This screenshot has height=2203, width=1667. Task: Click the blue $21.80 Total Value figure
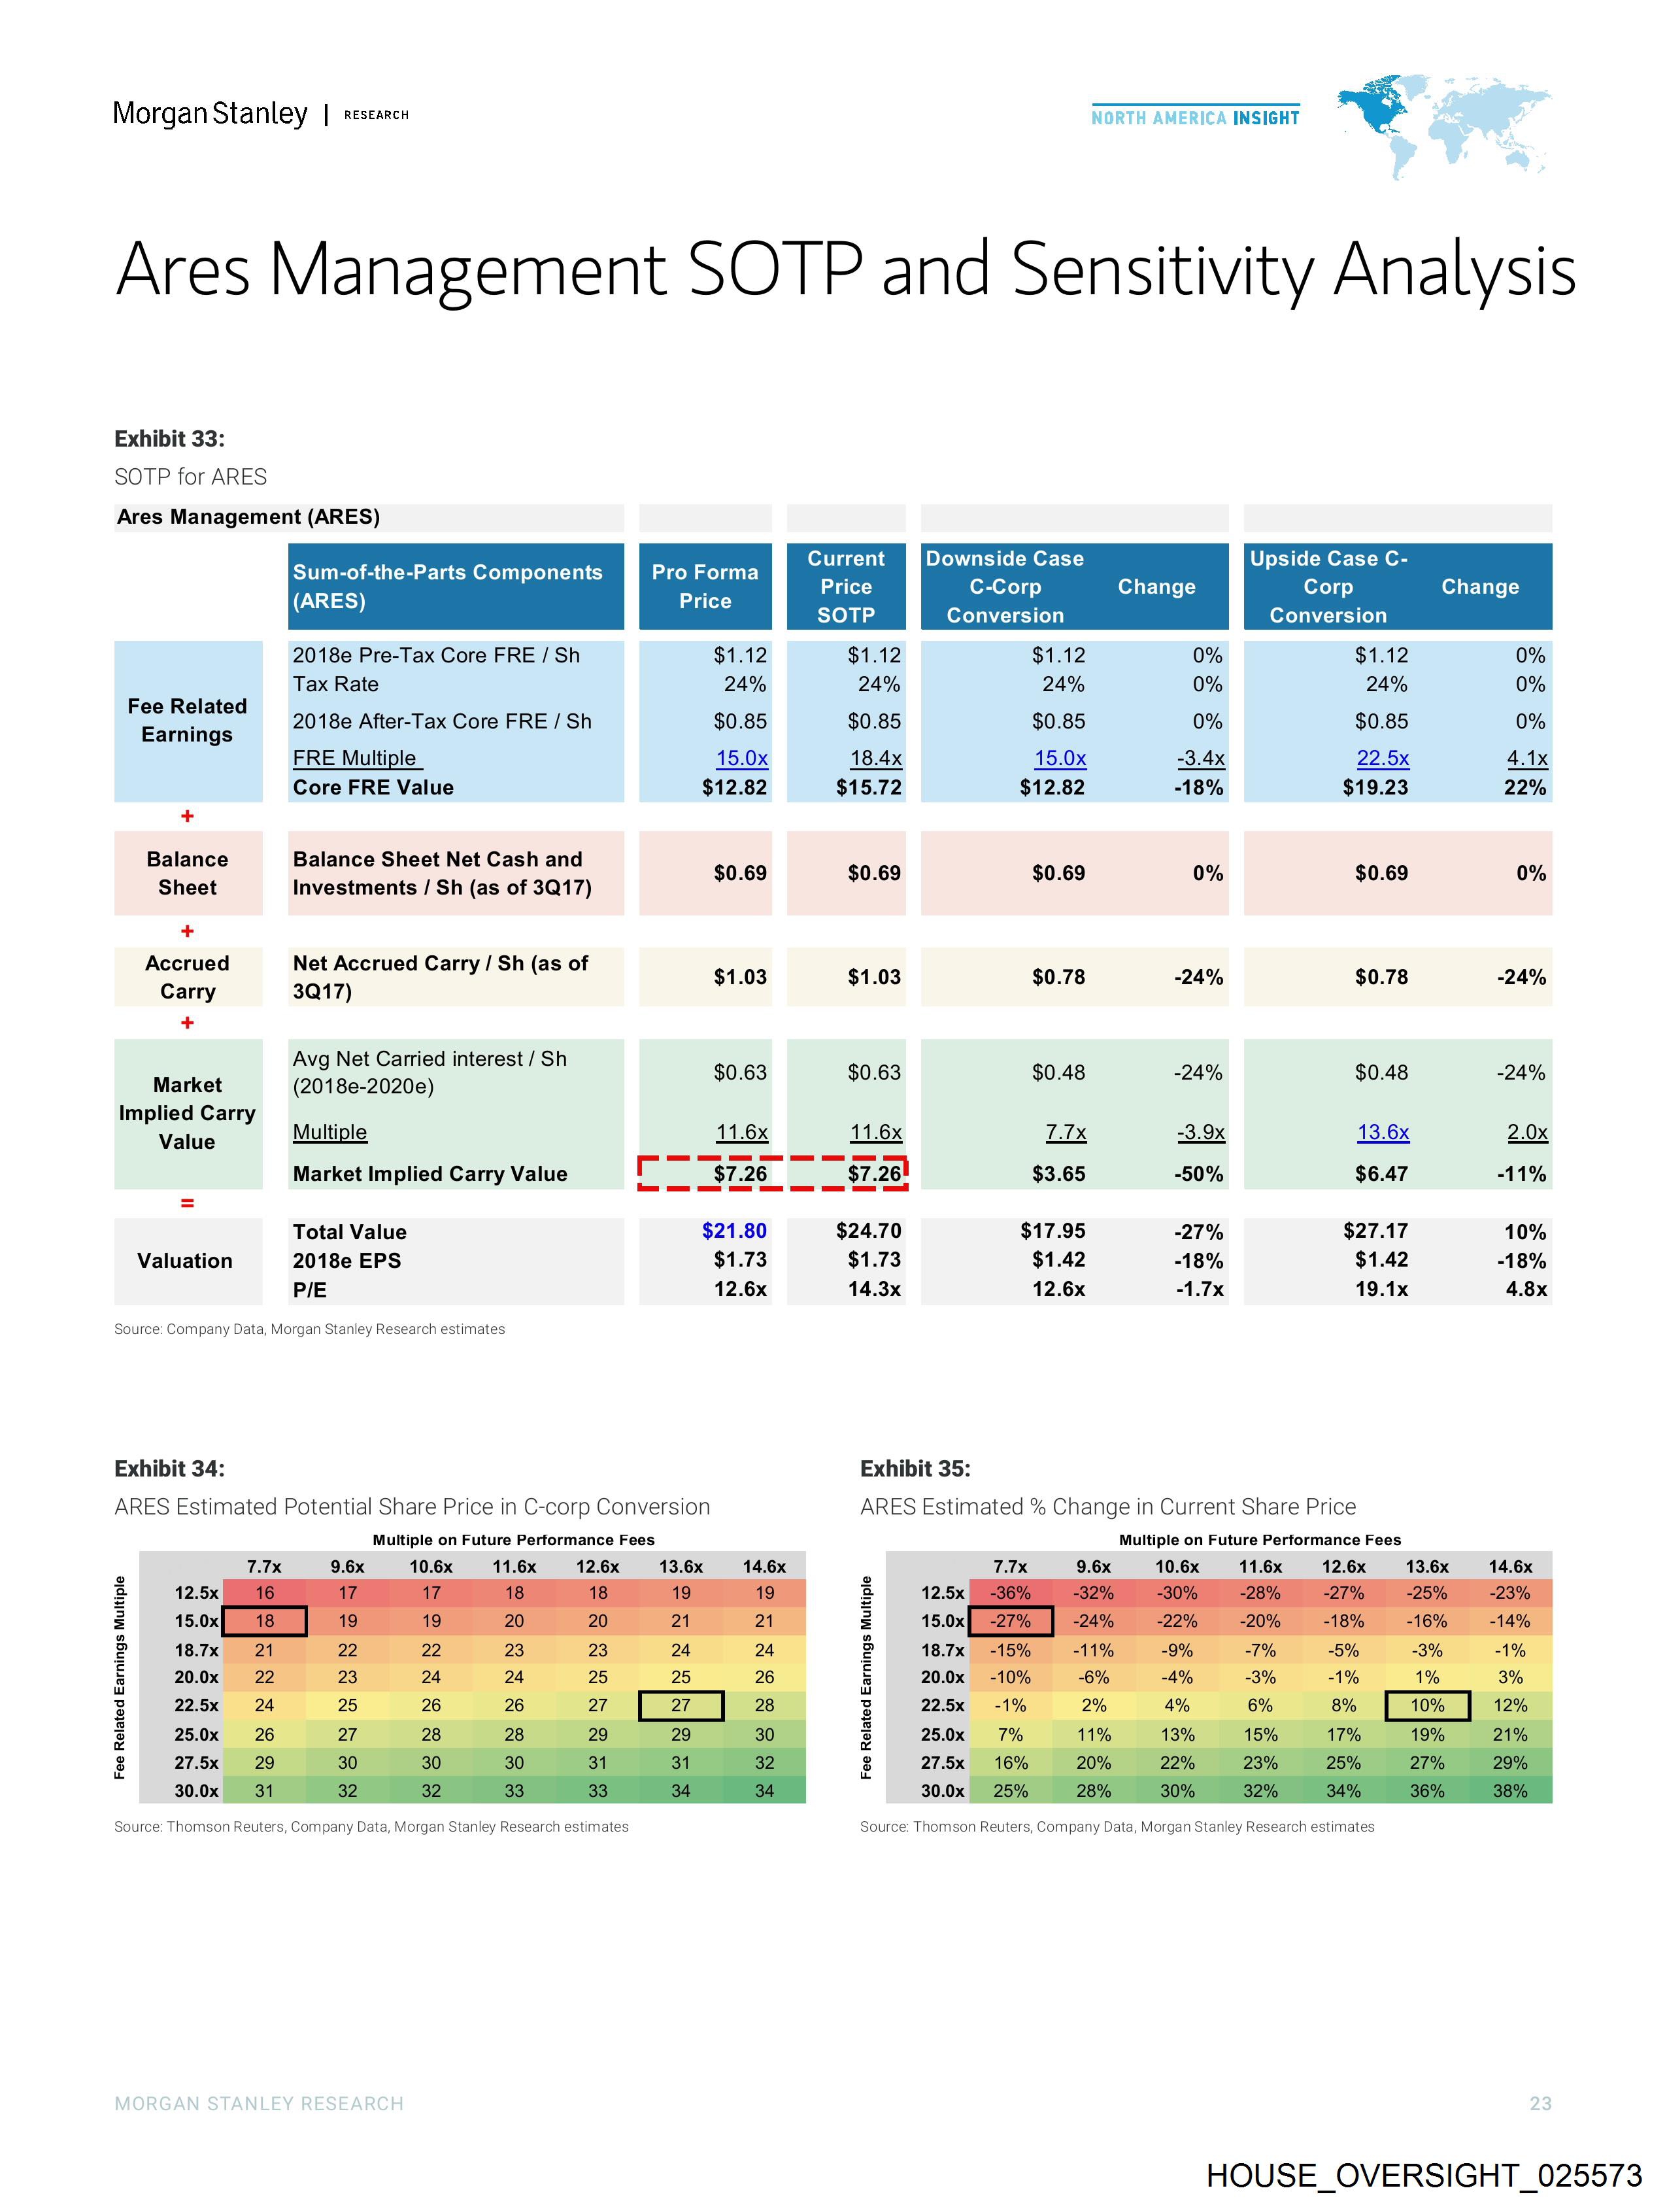click(734, 1231)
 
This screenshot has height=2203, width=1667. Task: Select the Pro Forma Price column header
click(705, 587)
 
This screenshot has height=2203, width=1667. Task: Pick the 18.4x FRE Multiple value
click(875, 758)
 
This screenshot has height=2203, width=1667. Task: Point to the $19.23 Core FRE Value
click(1375, 787)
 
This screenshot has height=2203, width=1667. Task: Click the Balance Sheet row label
click(187, 874)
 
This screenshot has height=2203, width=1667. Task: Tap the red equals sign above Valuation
click(187, 1203)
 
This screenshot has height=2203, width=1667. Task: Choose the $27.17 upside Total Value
click(1375, 1231)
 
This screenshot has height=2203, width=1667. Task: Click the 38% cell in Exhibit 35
click(1509, 1790)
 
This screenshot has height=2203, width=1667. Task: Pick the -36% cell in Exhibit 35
click(1010, 1592)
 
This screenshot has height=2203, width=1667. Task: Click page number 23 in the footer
click(1540, 2104)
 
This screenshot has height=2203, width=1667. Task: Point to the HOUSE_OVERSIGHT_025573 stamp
click(1424, 2175)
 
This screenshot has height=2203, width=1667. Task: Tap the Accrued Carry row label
click(187, 977)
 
